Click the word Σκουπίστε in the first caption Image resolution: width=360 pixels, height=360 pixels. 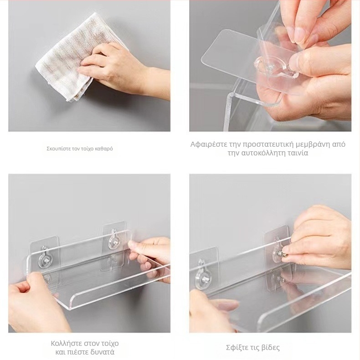(x=56, y=149)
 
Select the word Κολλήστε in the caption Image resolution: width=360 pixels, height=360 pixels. (x=66, y=344)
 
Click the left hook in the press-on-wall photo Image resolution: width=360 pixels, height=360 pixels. (x=45, y=257)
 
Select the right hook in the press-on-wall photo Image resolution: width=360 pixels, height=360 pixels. (x=113, y=240)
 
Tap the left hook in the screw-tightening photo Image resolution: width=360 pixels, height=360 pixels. (x=201, y=274)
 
